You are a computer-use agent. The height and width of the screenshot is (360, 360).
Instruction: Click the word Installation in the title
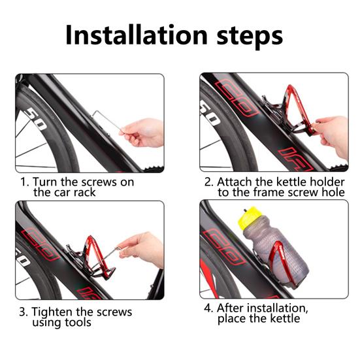click(137, 35)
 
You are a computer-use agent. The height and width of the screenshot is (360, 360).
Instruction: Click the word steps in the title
click(250, 37)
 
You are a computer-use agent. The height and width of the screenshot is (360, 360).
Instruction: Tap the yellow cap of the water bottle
click(248, 217)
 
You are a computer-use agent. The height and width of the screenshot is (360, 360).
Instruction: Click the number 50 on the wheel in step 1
click(35, 119)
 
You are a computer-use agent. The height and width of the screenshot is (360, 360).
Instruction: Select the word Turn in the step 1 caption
click(45, 182)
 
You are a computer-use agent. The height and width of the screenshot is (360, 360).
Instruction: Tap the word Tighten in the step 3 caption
click(52, 312)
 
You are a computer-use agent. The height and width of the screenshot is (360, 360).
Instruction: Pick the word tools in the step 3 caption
click(78, 322)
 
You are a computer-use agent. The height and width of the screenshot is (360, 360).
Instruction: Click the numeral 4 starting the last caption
click(208, 308)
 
